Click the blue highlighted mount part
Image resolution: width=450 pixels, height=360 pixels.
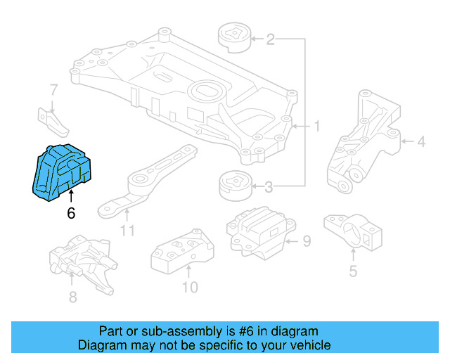pyautogui.click(x=62, y=172)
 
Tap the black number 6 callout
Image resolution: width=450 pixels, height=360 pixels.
pyautogui.click(x=71, y=213)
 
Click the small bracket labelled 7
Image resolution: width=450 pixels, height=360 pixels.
pyautogui.click(x=53, y=122)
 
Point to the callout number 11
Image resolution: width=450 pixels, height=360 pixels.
pyautogui.click(x=127, y=231)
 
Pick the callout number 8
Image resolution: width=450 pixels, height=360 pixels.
pyautogui.click(x=73, y=297)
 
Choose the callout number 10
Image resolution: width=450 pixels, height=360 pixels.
pyautogui.click(x=190, y=287)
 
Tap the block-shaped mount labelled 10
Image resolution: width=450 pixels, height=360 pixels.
pyautogui.click(x=182, y=250)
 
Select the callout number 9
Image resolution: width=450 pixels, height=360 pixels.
pyautogui.click(x=307, y=241)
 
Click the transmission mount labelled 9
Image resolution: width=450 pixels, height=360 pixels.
pyautogui.click(x=261, y=233)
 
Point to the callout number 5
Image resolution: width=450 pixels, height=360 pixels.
pyautogui.click(x=353, y=271)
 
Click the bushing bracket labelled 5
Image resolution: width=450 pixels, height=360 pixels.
pyautogui.click(x=353, y=233)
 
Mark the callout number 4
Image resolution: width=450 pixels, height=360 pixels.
pyautogui.click(x=421, y=141)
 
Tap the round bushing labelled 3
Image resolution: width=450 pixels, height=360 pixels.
pyautogui.click(x=236, y=186)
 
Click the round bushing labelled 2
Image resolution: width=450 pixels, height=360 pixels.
pyautogui.click(x=234, y=37)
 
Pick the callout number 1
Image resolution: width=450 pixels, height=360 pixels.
pyautogui.click(x=316, y=127)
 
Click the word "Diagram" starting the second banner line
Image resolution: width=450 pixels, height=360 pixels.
pyautogui.click(x=103, y=345)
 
